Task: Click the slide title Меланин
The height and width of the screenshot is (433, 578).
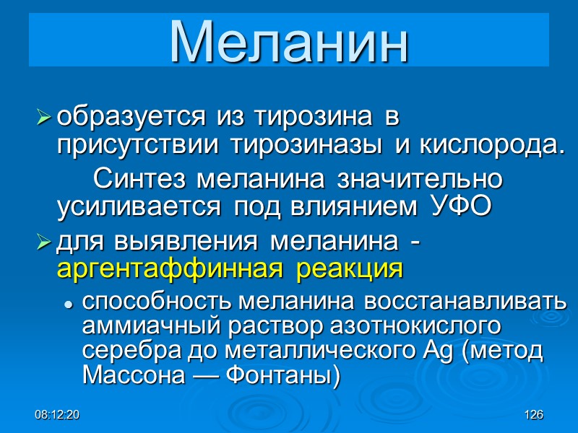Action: (289, 42)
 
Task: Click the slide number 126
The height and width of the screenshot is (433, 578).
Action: (534, 415)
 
